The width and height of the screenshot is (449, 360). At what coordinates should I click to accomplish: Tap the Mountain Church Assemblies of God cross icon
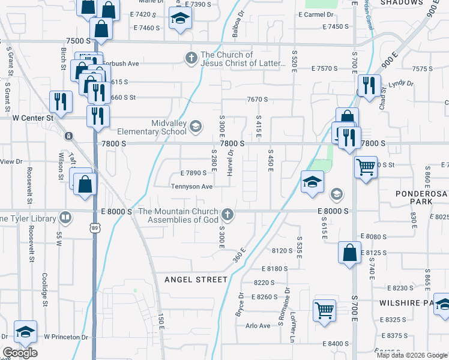tap(227, 214)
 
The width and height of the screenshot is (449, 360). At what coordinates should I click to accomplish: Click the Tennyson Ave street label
tap(192, 187)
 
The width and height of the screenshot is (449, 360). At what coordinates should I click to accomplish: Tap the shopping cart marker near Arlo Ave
tap(324, 310)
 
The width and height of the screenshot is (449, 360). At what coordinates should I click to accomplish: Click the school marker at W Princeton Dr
tap(25, 332)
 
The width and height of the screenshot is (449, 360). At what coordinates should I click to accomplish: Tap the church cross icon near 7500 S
tap(191, 58)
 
